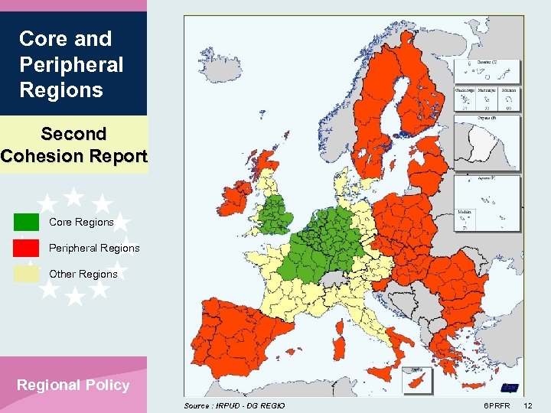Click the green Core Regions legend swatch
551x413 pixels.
26,222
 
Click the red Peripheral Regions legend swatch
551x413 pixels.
26,248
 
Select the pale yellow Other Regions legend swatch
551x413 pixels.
26,273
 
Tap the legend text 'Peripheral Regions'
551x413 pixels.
83,248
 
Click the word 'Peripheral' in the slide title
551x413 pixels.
70,64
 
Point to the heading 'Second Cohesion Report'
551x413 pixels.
73,145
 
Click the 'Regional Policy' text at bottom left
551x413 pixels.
73,385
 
